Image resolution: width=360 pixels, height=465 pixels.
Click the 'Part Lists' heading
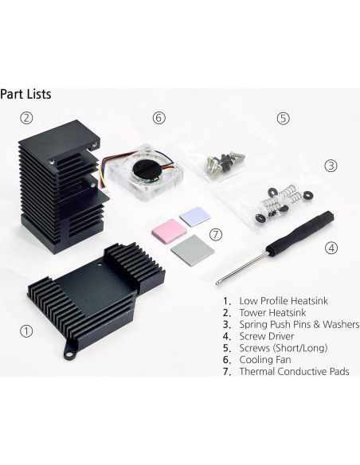tap(26, 93)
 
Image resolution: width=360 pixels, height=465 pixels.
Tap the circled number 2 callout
tap(27, 118)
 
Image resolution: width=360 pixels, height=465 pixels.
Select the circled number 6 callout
tap(158, 118)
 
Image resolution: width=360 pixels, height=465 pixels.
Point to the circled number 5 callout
tap(283, 118)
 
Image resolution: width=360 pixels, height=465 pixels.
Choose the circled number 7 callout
tap(213, 236)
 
